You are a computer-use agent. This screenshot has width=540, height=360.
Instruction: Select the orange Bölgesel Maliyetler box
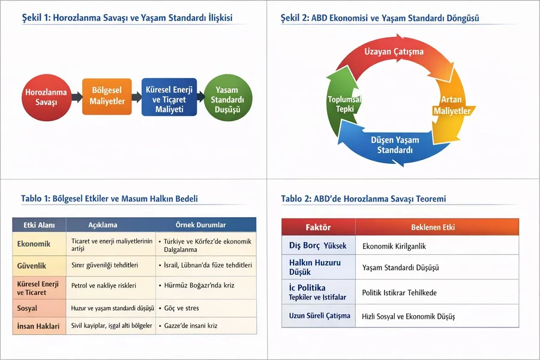pyautogui.click(x=107, y=96)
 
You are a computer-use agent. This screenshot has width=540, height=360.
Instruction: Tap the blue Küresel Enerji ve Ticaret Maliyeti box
pyautogui.click(x=169, y=96)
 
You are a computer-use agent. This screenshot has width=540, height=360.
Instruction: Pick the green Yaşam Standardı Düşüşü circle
pyautogui.click(x=227, y=98)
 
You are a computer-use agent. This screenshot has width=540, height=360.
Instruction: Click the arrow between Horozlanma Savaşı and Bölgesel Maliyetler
pyautogui.click(x=76, y=97)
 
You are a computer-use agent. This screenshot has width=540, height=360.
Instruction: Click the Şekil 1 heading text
pyautogui.click(x=131, y=18)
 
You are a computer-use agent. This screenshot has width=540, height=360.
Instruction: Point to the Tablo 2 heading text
pyautogui.click(x=363, y=199)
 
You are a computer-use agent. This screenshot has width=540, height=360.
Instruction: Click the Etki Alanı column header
pyautogui.click(x=39, y=225)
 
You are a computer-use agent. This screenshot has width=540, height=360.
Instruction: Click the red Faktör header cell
pyautogui.click(x=318, y=227)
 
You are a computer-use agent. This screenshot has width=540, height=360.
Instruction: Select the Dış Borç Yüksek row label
pyautogui.click(x=318, y=246)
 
